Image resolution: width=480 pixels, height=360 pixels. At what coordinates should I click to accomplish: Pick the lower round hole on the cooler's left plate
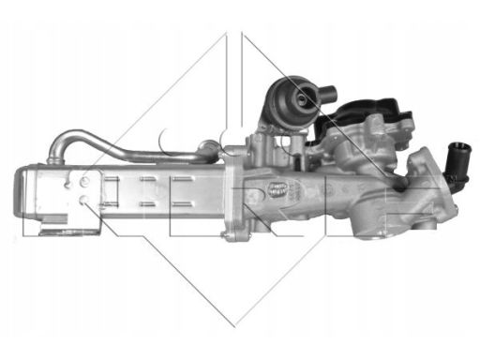pyautogui.click(x=83, y=201)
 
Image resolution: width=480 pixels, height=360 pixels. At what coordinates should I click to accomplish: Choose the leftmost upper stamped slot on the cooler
pyautogui.click(x=122, y=178)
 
